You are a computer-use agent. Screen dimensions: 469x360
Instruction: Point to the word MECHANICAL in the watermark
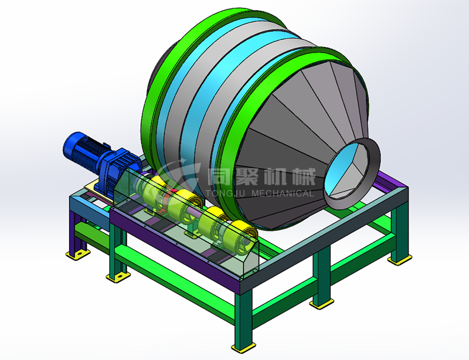tap(283, 193)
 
